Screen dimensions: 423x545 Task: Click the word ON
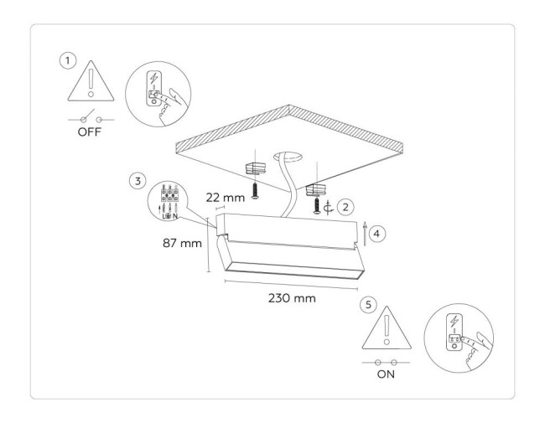[386, 375]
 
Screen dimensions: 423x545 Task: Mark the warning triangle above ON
[386, 329]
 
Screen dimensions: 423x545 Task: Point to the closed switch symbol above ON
[386, 360]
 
